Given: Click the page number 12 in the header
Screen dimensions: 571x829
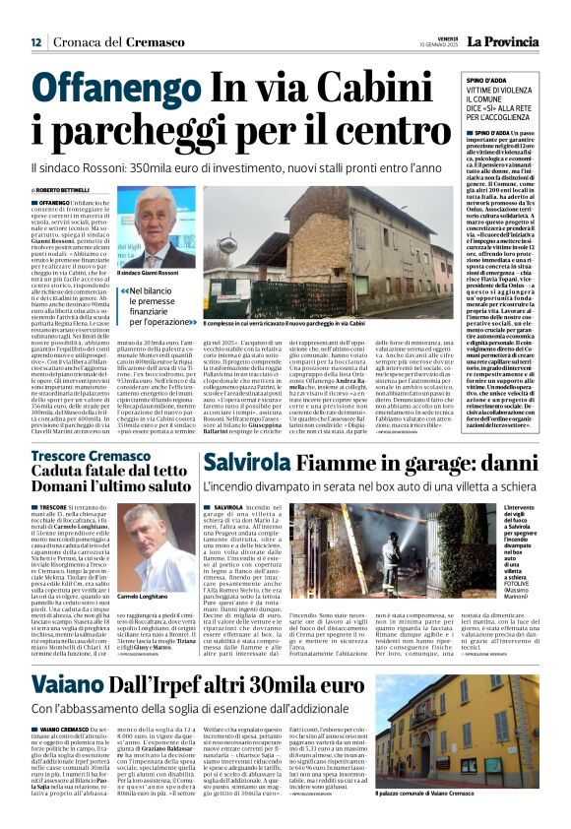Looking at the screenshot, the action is (x=35, y=42).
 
